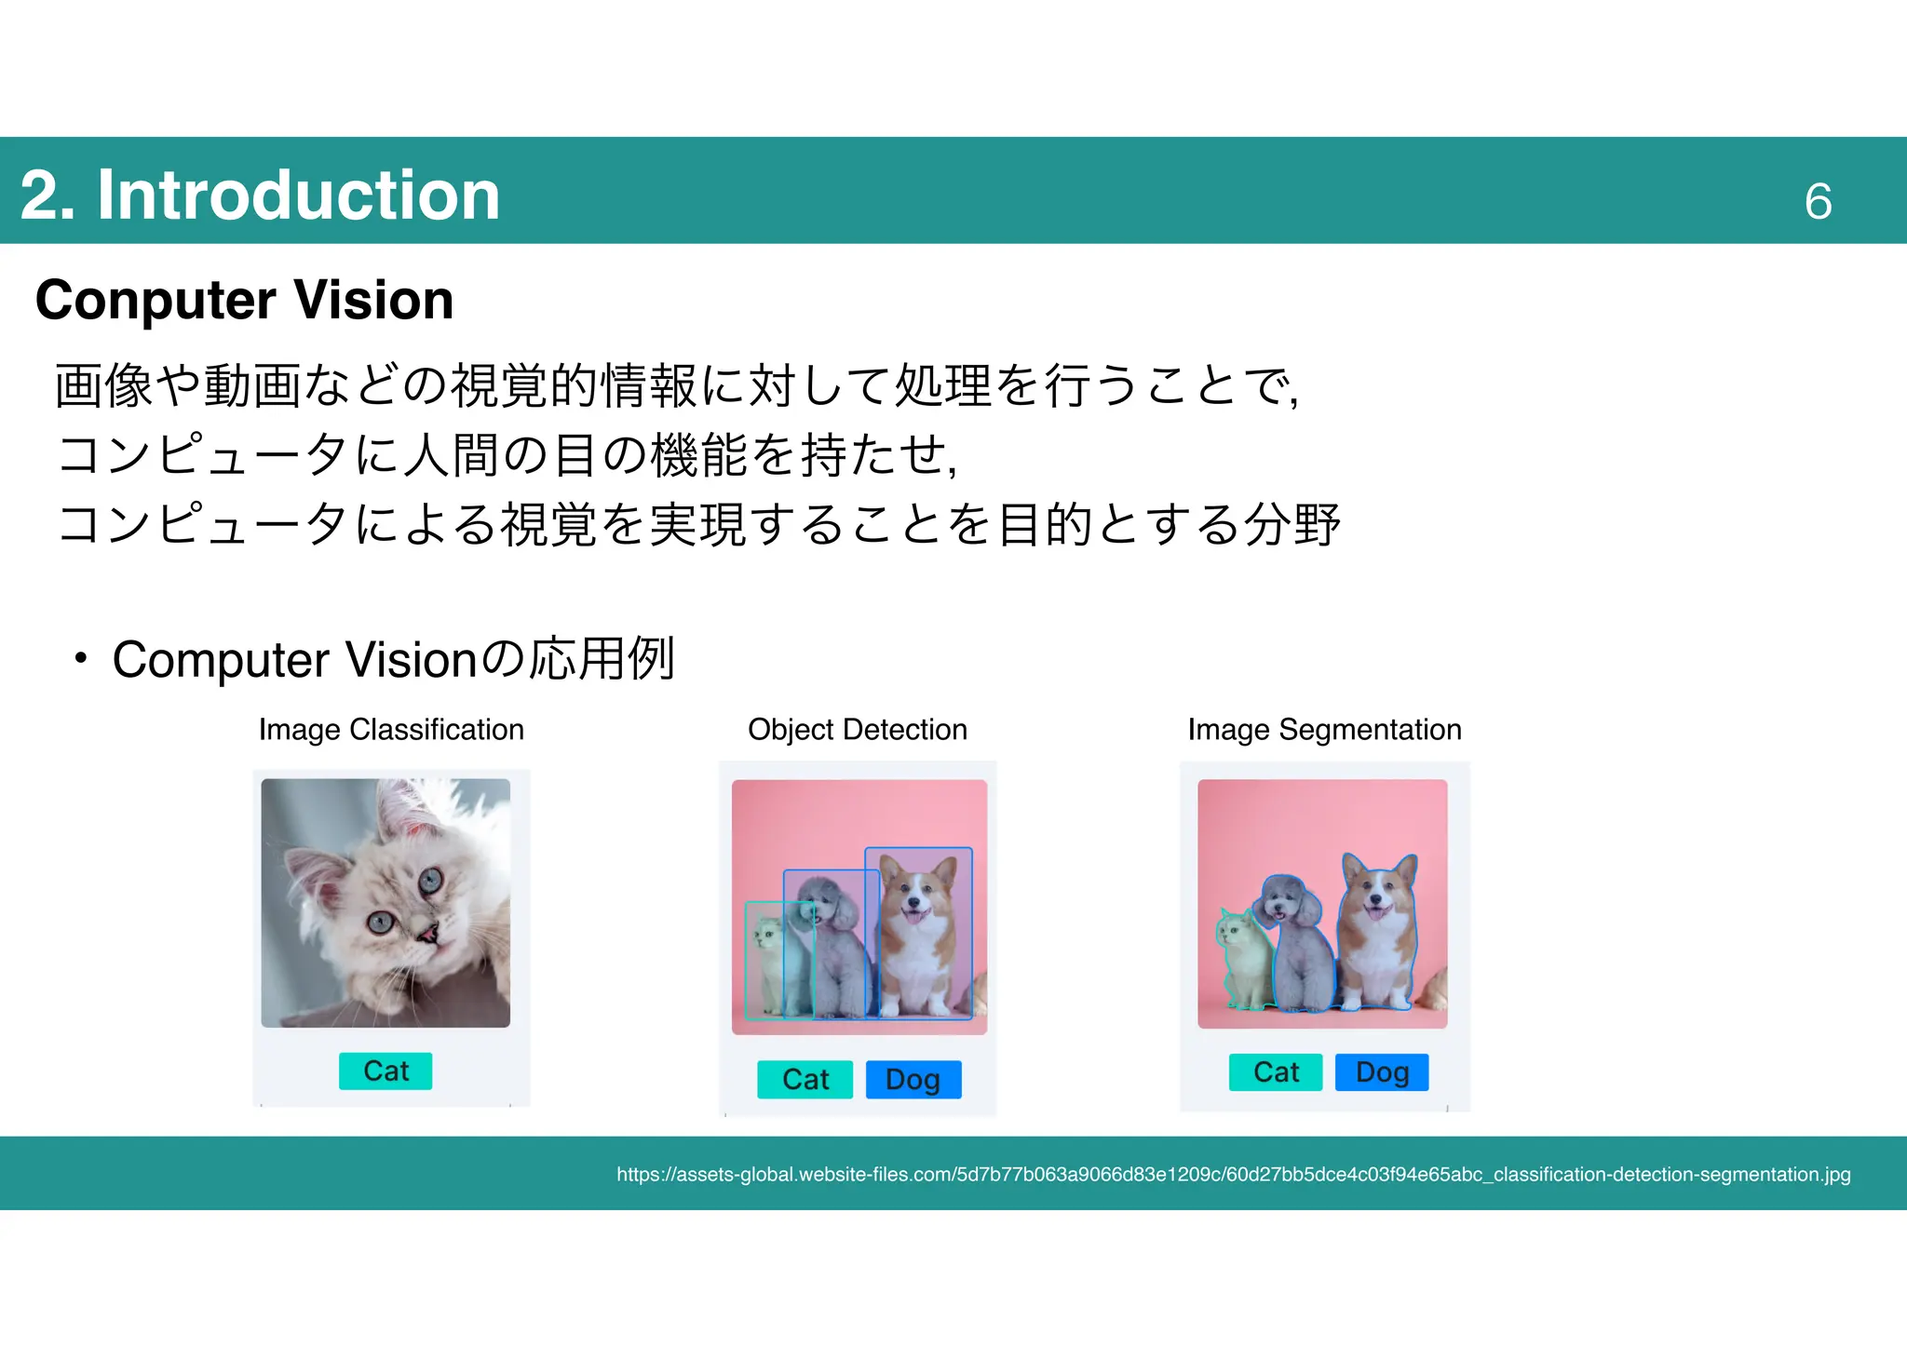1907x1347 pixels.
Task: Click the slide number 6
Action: coord(1818,201)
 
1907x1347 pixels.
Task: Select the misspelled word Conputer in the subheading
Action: coord(156,300)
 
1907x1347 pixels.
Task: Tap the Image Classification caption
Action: coord(391,729)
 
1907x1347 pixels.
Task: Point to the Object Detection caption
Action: coord(857,729)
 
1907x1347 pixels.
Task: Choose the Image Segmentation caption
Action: coord(1324,729)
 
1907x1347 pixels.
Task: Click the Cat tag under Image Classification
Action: coord(385,1071)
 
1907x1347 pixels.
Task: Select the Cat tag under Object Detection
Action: coord(805,1079)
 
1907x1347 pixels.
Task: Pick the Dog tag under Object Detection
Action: coord(913,1079)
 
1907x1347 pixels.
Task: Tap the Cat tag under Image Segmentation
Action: coord(1275,1071)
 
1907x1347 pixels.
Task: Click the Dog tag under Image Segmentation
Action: coord(1382,1071)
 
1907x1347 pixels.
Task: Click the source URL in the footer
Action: coord(1233,1174)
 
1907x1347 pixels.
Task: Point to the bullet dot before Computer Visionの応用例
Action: coord(81,658)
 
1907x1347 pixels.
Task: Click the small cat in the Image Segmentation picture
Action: coord(1242,959)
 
